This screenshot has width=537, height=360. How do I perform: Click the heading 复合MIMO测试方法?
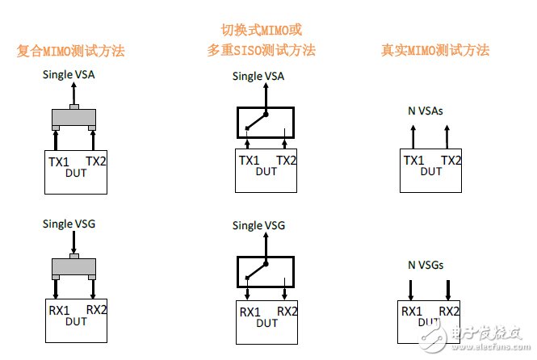coord(71,51)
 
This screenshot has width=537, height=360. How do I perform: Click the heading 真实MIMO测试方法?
coord(435,50)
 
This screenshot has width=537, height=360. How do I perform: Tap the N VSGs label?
coord(426,264)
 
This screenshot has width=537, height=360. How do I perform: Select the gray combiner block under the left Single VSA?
coord(73,119)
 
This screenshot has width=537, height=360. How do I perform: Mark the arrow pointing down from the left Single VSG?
coord(73,240)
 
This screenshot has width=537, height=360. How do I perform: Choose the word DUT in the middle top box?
coord(266,172)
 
